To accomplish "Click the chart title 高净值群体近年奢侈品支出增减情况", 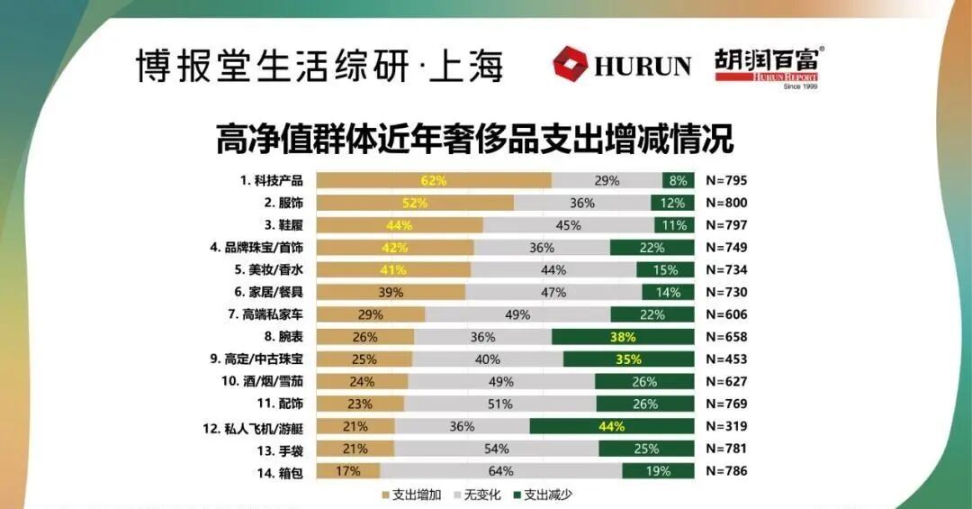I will click(x=474, y=140).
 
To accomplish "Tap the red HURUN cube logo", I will click(x=570, y=64).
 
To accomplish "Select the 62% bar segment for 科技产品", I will click(x=434, y=180).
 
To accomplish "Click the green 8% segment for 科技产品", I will click(x=678, y=180).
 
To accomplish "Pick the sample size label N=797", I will click(x=726, y=225).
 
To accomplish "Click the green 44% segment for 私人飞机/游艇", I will click(x=612, y=426).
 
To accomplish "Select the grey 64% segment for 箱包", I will click(x=501, y=470).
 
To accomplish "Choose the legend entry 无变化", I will click(x=481, y=494).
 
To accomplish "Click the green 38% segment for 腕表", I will click(x=623, y=337).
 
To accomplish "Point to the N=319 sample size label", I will click(x=726, y=426).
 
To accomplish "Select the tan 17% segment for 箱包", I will click(x=347, y=470).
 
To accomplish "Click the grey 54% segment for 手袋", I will click(x=496, y=449).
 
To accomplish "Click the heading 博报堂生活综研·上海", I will click(x=319, y=66).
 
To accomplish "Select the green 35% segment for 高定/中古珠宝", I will click(x=629, y=359).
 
